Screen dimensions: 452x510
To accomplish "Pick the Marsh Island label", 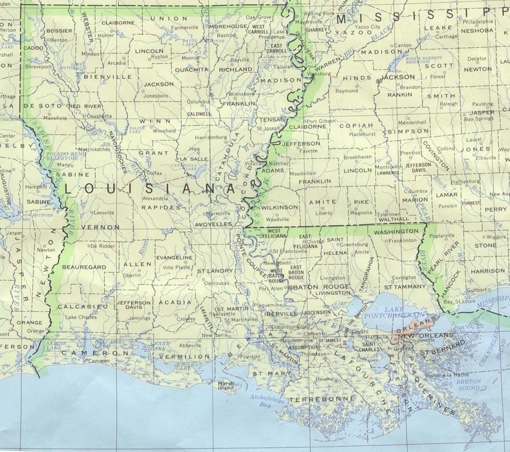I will click(x=226, y=386).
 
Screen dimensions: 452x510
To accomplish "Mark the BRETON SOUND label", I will click(x=469, y=384).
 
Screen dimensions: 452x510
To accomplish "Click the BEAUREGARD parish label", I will click(x=84, y=267).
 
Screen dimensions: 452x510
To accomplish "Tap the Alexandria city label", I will click(x=155, y=198).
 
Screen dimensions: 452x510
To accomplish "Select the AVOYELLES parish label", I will click(x=212, y=224).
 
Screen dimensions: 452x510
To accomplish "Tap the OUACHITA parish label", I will click(x=191, y=69).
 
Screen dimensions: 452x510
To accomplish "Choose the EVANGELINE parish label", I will click(x=174, y=258).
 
